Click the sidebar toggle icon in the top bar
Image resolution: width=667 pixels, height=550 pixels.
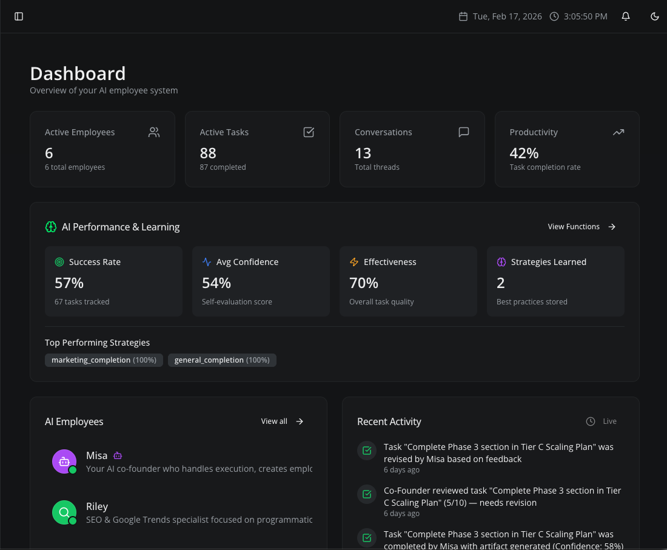(x=19, y=16)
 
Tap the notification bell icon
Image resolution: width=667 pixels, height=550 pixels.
(x=626, y=16)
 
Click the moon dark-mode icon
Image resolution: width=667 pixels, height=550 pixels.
(x=655, y=16)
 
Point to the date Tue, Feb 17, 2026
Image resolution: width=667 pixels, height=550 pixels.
(x=507, y=16)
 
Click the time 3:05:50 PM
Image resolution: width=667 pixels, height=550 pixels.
(x=585, y=16)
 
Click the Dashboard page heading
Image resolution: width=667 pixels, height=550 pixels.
(x=78, y=73)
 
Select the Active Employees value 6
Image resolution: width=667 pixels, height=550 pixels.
(x=49, y=153)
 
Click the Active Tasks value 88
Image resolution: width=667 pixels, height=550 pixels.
(x=208, y=153)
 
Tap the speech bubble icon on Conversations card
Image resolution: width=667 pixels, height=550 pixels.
(x=464, y=132)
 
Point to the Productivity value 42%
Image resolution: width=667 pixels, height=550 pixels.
(x=524, y=153)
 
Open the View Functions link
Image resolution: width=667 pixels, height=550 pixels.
(x=582, y=227)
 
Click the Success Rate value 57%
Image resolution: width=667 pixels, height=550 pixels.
(x=69, y=283)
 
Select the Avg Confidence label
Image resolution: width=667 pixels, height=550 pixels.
(x=247, y=262)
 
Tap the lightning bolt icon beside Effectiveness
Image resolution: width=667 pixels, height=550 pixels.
(x=354, y=262)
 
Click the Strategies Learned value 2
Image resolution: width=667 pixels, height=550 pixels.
(x=501, y=283)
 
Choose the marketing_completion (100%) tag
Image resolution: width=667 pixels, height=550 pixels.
(x=104, y=360)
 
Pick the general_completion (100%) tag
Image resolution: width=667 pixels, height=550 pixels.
(x=222, y=360)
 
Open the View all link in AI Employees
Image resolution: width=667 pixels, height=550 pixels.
(x=282, y=421)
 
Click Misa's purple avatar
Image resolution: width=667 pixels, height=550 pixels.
(x=64, y=461)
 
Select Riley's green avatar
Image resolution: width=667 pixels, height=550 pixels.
(x=64, y=512)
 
